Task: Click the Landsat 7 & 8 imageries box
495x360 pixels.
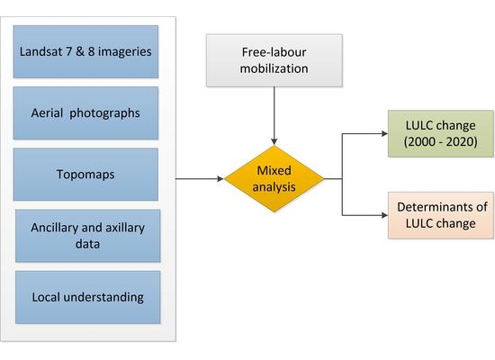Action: click(x=85, y=51)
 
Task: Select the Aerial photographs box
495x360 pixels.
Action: click(x=85, y=113)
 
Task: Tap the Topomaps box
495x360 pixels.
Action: click(x=85, y=175)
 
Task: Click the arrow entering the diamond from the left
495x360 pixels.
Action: click(x=202, y=179)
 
